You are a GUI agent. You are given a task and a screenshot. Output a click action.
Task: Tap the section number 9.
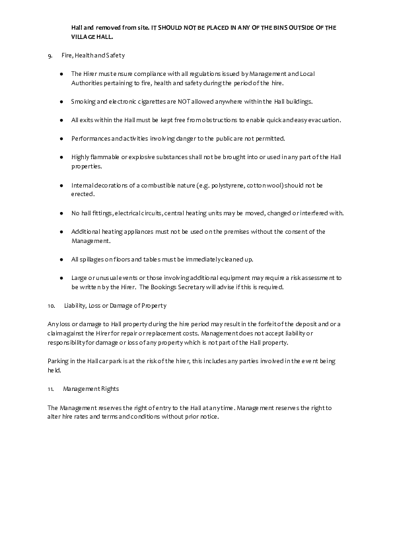(50, 55)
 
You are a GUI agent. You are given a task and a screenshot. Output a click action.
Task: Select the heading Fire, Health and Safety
(93, 55)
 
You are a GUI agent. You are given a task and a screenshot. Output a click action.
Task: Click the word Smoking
(83, 102)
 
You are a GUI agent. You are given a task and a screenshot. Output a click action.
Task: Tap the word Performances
(89, 139)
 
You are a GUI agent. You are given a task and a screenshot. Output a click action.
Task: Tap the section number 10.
(52, 305)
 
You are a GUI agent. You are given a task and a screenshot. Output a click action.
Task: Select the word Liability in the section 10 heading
(75, 305)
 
